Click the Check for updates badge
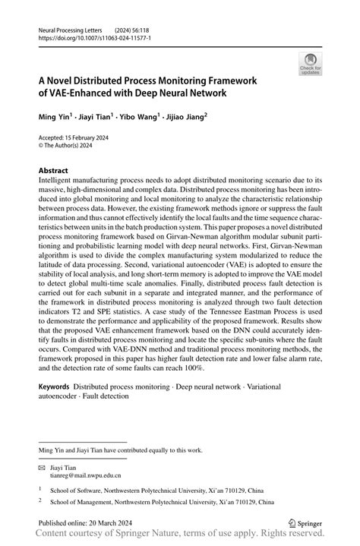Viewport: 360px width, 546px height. point(310,64)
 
